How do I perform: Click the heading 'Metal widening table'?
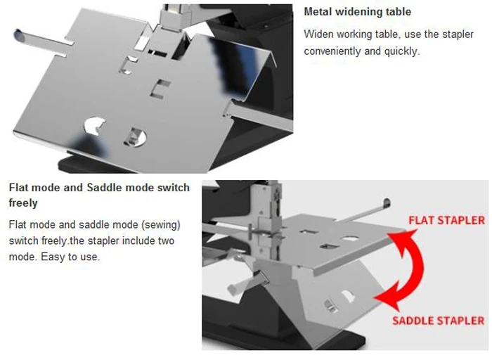point(357,12)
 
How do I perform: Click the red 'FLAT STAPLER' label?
point(446,221)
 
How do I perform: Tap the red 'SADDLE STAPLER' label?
point(438,321)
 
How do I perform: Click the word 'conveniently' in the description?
point(332,51)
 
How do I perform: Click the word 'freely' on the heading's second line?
point(23,203)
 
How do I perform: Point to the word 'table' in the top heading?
point(398,12)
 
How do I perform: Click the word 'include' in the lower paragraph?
point(127,240)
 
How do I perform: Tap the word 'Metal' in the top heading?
point(318,12)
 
